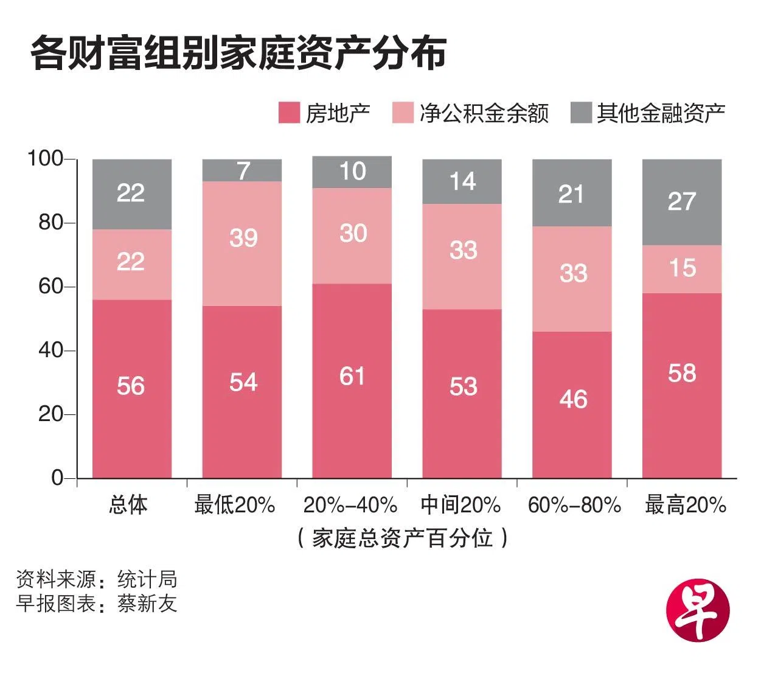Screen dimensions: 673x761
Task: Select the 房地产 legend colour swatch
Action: point(289,113)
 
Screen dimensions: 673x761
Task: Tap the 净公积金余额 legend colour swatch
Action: point(403,113)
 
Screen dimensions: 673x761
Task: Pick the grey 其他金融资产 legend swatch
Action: point(581,113)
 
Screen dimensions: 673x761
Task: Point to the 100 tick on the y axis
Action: point(46,159)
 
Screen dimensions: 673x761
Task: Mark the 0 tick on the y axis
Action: point(57,478)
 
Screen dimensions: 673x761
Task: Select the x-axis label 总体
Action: point(128,505)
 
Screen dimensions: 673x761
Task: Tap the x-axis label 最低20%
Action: point(235,505)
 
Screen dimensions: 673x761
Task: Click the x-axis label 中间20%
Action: point(460,505)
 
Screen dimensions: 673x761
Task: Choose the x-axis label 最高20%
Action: point(686,505)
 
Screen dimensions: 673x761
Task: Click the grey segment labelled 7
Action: point(242,170)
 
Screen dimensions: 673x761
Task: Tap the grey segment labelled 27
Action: point(682,202)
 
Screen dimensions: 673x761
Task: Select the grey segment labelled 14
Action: point(462,181)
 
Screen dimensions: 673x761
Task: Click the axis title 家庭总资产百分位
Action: point(402,538)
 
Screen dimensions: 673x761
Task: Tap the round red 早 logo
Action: point(697,610)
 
